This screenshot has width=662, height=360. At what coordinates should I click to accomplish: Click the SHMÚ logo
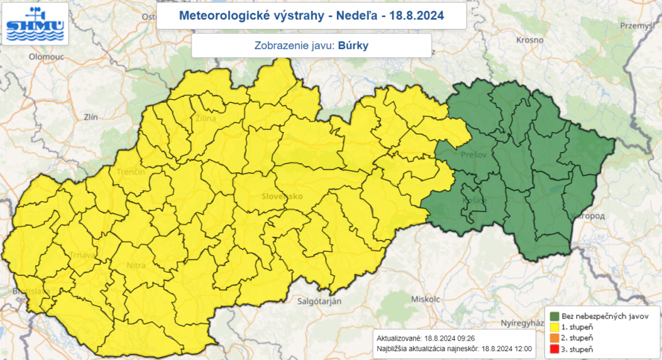click(35, 24)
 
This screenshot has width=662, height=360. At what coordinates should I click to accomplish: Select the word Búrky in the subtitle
click(353, 45)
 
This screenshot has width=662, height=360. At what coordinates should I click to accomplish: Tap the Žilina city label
click(205, 118)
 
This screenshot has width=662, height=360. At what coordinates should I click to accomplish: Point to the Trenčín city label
click(130, 172)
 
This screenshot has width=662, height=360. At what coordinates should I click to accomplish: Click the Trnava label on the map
click(83, 254)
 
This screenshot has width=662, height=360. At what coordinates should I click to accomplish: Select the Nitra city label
click(136, 266)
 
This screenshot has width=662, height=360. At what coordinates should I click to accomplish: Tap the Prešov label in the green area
click(473, 155)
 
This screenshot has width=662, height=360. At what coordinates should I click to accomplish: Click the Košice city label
click(475, 200)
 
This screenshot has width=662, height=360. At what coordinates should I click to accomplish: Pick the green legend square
click(555, 316)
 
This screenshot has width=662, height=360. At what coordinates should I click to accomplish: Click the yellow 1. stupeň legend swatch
click(555, 327)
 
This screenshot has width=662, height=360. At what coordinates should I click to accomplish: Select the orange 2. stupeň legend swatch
click(555, 338)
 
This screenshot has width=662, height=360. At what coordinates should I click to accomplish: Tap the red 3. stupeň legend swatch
click(555, 349)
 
